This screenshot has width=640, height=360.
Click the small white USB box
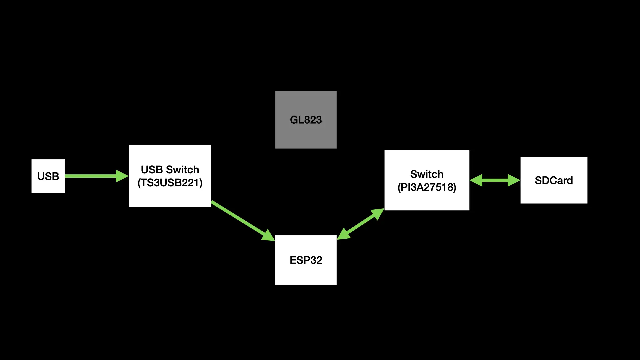tap(48, 176)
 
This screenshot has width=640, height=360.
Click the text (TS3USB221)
tap(170, 183)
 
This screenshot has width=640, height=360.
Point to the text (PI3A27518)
tap(427, 187)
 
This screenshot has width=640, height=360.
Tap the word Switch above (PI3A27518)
tap(427, 174)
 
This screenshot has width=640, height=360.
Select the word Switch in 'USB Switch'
tap(182, 170)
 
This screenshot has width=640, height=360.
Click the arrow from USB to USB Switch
tap(90, 176)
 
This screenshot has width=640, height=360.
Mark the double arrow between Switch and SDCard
tap(495, 180)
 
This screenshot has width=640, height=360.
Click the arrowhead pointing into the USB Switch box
tap(122, 176)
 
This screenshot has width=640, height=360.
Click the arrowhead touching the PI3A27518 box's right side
tap(476, 180)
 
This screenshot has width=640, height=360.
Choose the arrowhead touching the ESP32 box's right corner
tap(344, 234)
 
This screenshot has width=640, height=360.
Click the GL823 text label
tap(306, 120)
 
